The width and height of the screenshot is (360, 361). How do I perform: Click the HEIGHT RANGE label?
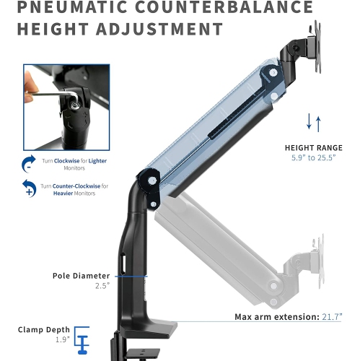[313, 147]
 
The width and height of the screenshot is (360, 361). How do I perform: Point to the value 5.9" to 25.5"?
[313, 159]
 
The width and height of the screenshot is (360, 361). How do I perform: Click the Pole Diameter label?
[81, 276]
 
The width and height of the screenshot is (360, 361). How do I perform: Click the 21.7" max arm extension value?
[330, 317]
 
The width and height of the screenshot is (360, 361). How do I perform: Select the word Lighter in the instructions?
[95, 161]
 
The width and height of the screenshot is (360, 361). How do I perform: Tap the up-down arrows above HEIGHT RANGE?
[313, 123]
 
